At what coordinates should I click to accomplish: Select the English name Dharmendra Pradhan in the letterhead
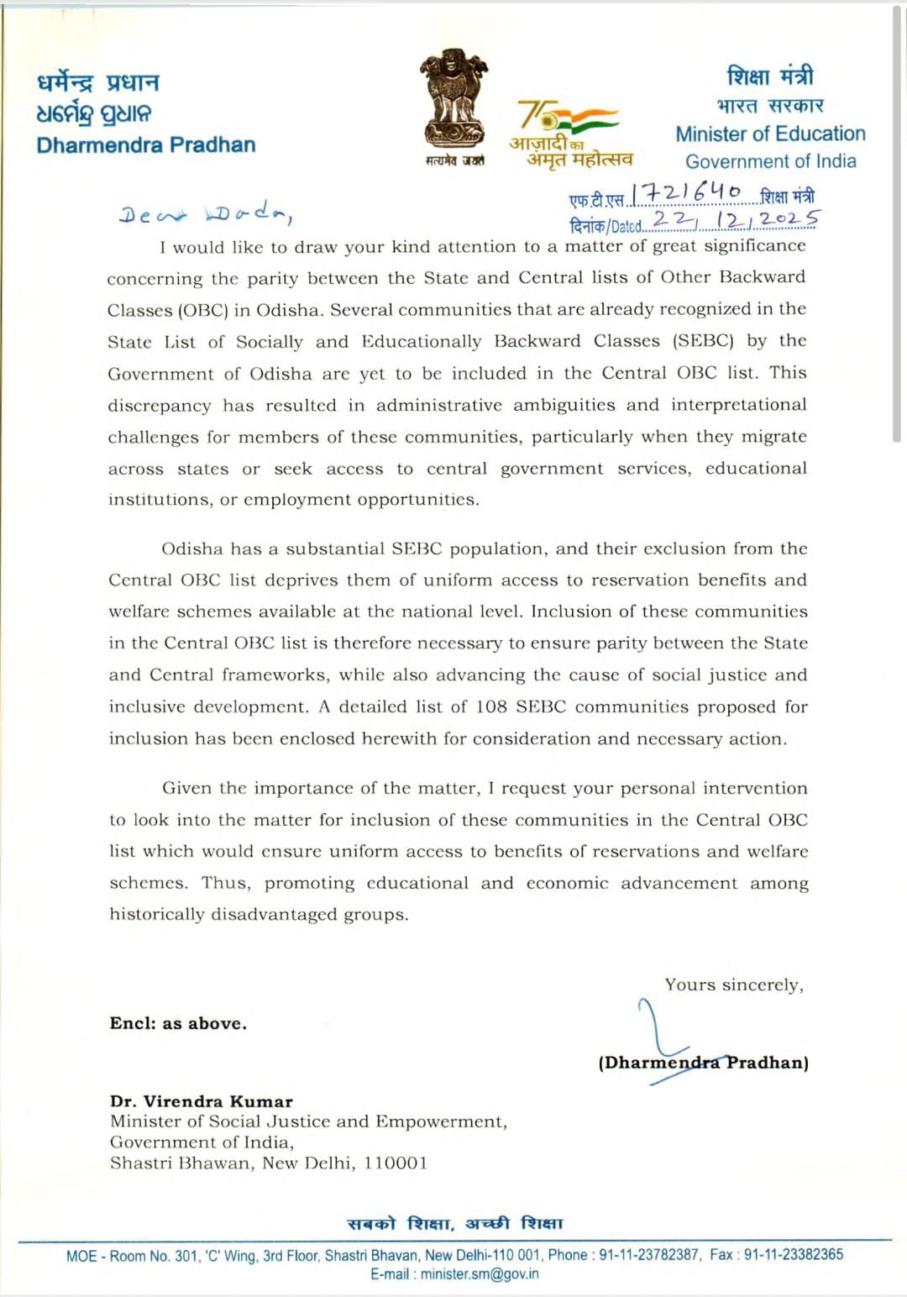[146, 144]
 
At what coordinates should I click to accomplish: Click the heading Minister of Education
[770, 134]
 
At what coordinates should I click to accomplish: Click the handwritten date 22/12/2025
[735, 220]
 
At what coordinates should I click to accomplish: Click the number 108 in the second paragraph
[491, 706]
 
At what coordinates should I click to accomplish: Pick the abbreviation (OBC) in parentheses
[202, 309]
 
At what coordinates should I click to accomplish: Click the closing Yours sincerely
[734, 985]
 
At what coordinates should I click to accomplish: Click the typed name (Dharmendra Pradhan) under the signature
[704, 1063]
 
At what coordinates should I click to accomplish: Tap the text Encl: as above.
[178, 1023]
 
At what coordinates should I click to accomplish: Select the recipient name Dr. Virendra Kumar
[202, 1101]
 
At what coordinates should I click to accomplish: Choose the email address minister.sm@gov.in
[480, 1273]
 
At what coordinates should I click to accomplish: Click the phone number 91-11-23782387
[648, 1254]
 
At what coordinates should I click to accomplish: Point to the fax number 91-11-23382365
[794, 1254]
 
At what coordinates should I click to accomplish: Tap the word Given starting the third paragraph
[186, 788]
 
